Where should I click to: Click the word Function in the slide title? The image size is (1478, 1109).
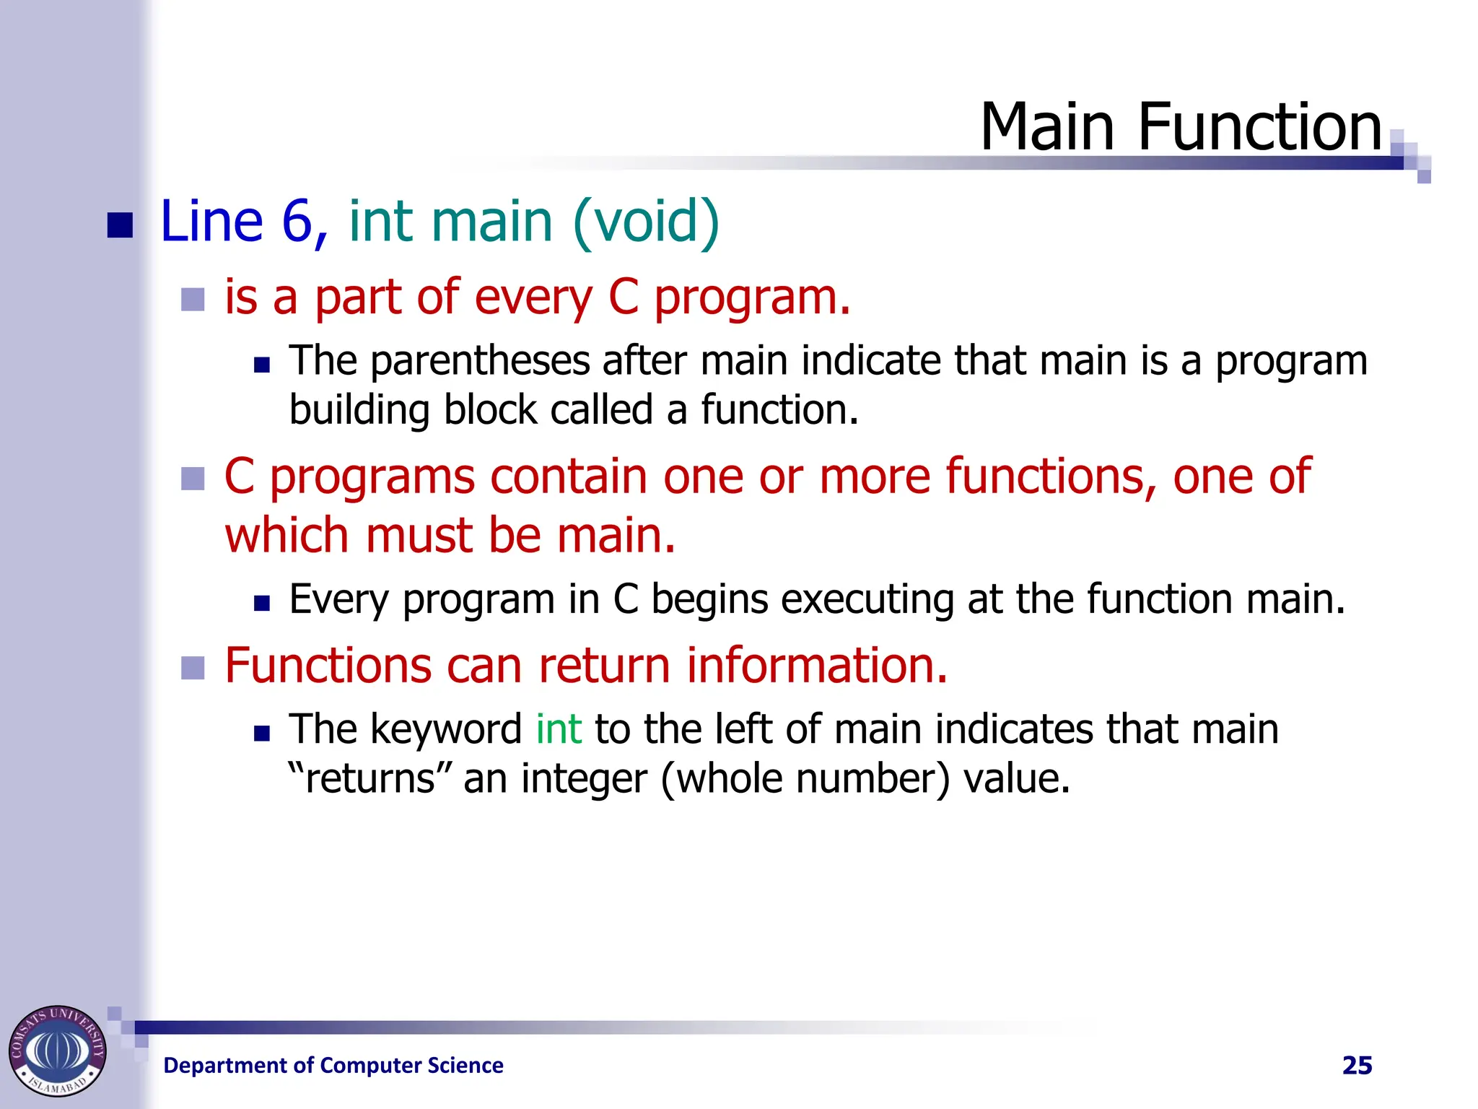tap(1259, 127)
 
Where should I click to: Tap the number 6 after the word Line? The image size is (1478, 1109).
tap(297, 221)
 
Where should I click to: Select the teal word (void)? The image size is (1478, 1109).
tap(646, 221)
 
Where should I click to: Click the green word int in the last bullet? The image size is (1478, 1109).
tap(559, 729)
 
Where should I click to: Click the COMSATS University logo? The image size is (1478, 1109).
tap(57, 1051)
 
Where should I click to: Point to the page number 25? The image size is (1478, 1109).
tap(1357, 1066)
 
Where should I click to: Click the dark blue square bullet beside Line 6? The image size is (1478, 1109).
tap(120, 225)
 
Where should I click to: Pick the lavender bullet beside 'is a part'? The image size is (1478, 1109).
tap(193, 299)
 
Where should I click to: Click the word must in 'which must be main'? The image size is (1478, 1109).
tap(419, 536)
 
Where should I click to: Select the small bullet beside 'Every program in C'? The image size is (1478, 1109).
tap(262, 603)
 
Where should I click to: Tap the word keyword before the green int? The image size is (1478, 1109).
tap(446, 729)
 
